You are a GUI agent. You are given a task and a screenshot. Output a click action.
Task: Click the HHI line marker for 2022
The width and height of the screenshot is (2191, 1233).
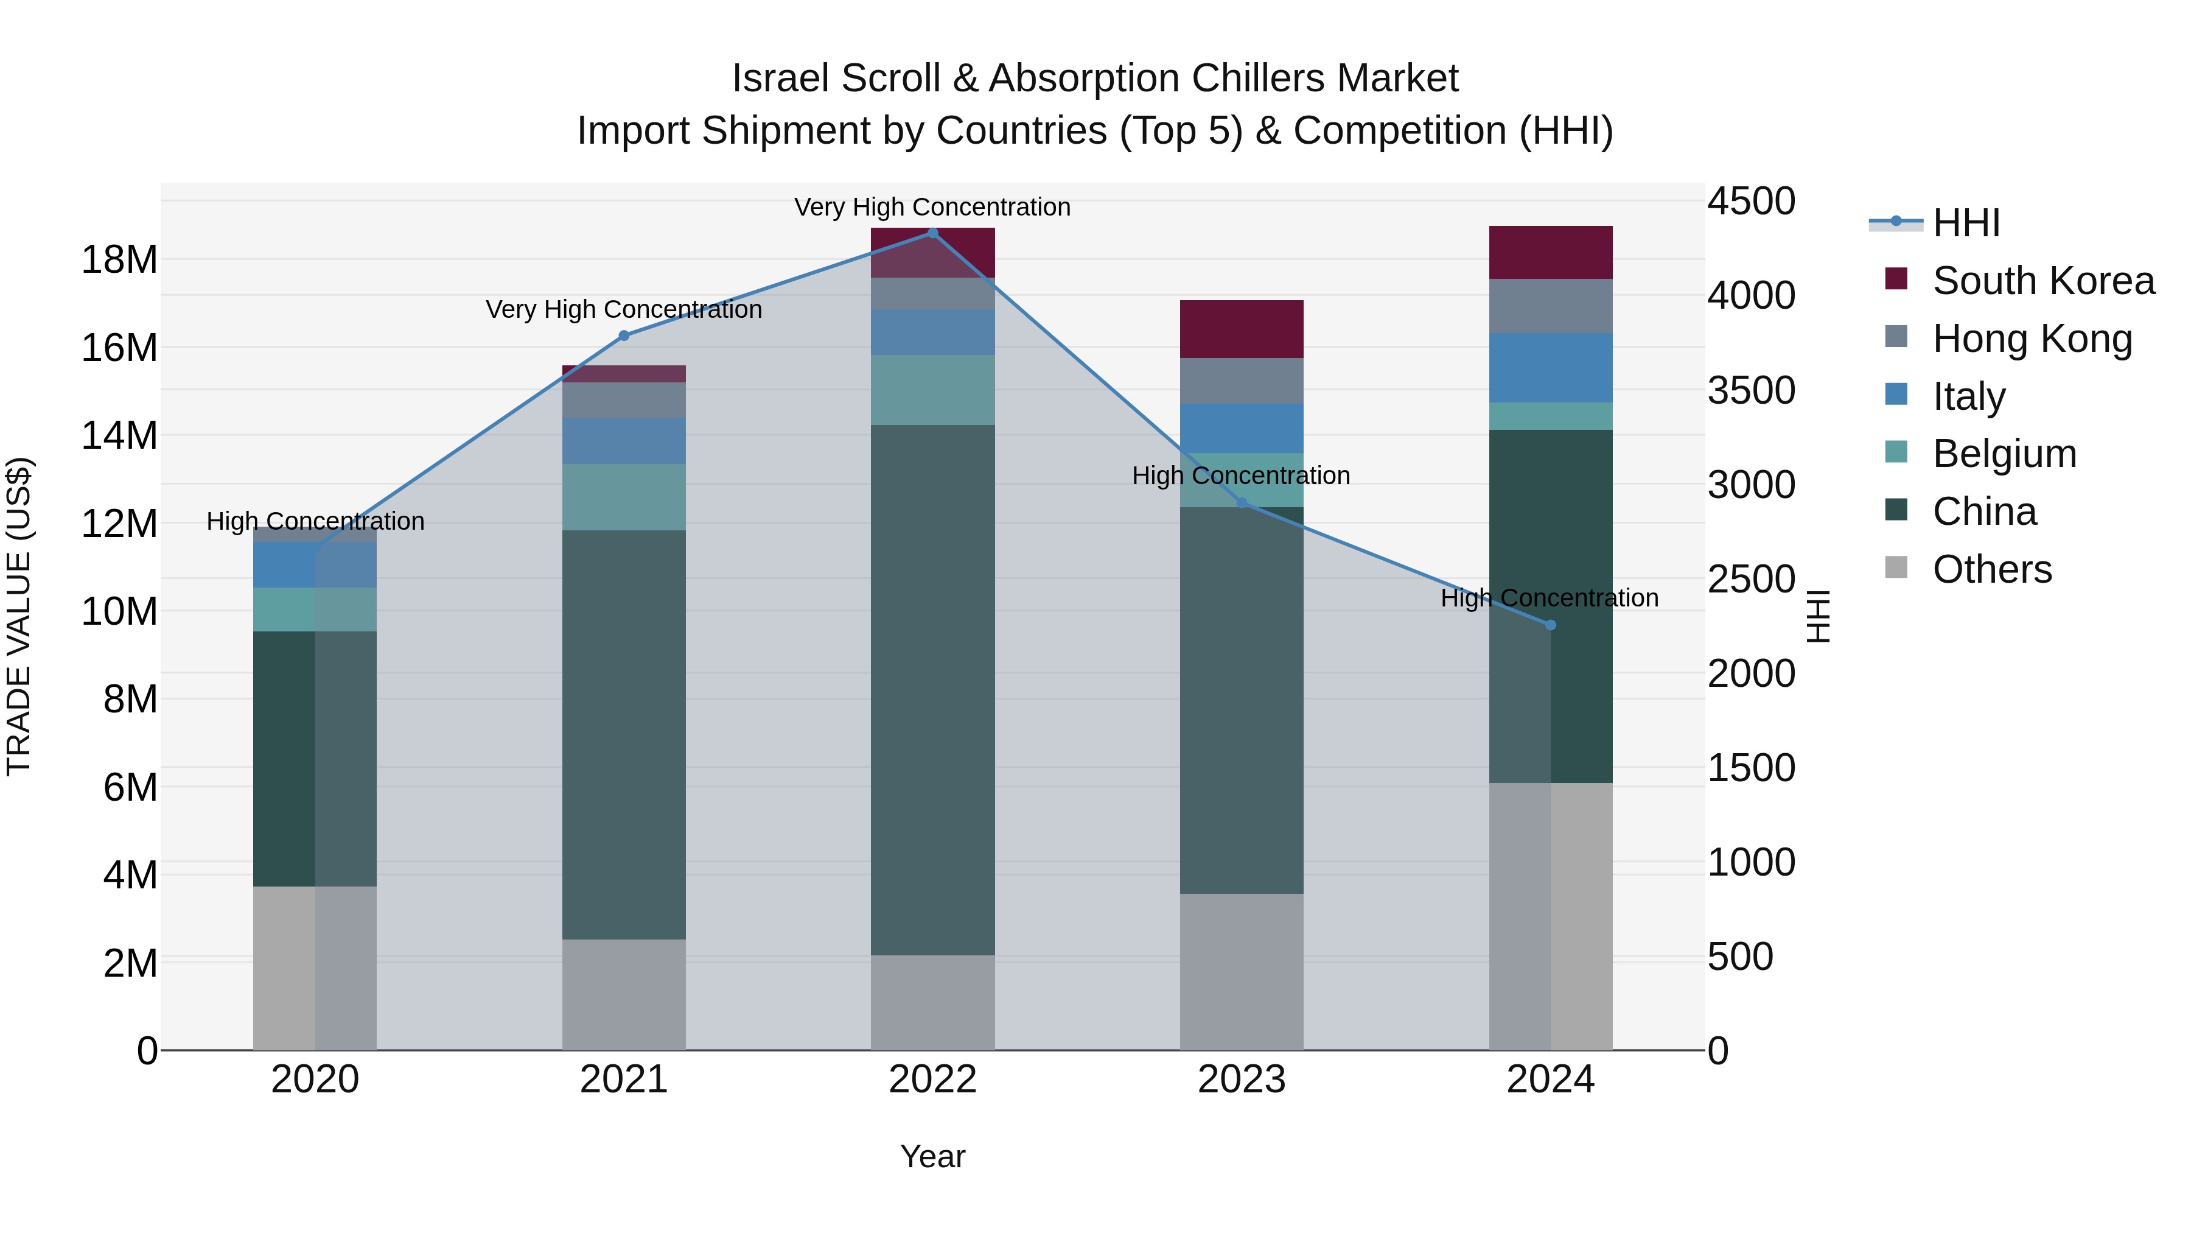[x=932, y=233]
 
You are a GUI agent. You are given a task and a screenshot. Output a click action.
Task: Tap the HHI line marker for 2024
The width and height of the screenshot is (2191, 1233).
[x=1550, y=625]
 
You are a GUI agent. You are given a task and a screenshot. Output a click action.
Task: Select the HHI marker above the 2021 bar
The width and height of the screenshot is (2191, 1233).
[x=623, y=336]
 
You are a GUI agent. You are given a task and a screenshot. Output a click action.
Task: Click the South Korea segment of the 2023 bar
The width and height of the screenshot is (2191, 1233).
[x=1241, y=329]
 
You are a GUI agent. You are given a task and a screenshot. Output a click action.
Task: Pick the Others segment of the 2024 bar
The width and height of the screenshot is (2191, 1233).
[x=1550, y=916]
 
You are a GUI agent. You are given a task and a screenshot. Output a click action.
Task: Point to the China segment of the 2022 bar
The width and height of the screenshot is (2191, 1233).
[x=932, y=689]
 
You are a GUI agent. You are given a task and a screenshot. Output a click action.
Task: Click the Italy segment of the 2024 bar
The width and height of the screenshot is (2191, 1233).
[x=1550, y=368]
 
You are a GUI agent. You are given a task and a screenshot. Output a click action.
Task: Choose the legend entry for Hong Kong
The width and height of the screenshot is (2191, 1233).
[x=2031, y=339]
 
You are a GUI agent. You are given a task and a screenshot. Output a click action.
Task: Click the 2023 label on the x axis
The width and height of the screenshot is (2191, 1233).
[x=1241, y=1080]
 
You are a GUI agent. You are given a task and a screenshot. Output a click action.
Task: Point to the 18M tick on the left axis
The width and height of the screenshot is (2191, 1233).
[x=119, y=259]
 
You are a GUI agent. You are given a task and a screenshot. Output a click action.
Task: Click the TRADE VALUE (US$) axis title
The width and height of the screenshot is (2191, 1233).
[x=19, y=616]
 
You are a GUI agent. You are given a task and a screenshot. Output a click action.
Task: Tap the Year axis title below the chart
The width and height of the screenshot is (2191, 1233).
[x=932, y=1156]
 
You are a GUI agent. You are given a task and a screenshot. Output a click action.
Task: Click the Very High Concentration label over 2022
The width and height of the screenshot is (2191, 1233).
[x=932, y=208]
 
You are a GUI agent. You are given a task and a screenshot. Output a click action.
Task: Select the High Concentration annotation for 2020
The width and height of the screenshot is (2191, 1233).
[x=315, y=521]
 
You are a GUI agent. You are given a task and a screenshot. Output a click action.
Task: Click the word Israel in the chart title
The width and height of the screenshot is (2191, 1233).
[x=780, y=79]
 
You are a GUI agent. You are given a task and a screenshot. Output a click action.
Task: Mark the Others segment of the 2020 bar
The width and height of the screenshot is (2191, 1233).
[x=315, y=968]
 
